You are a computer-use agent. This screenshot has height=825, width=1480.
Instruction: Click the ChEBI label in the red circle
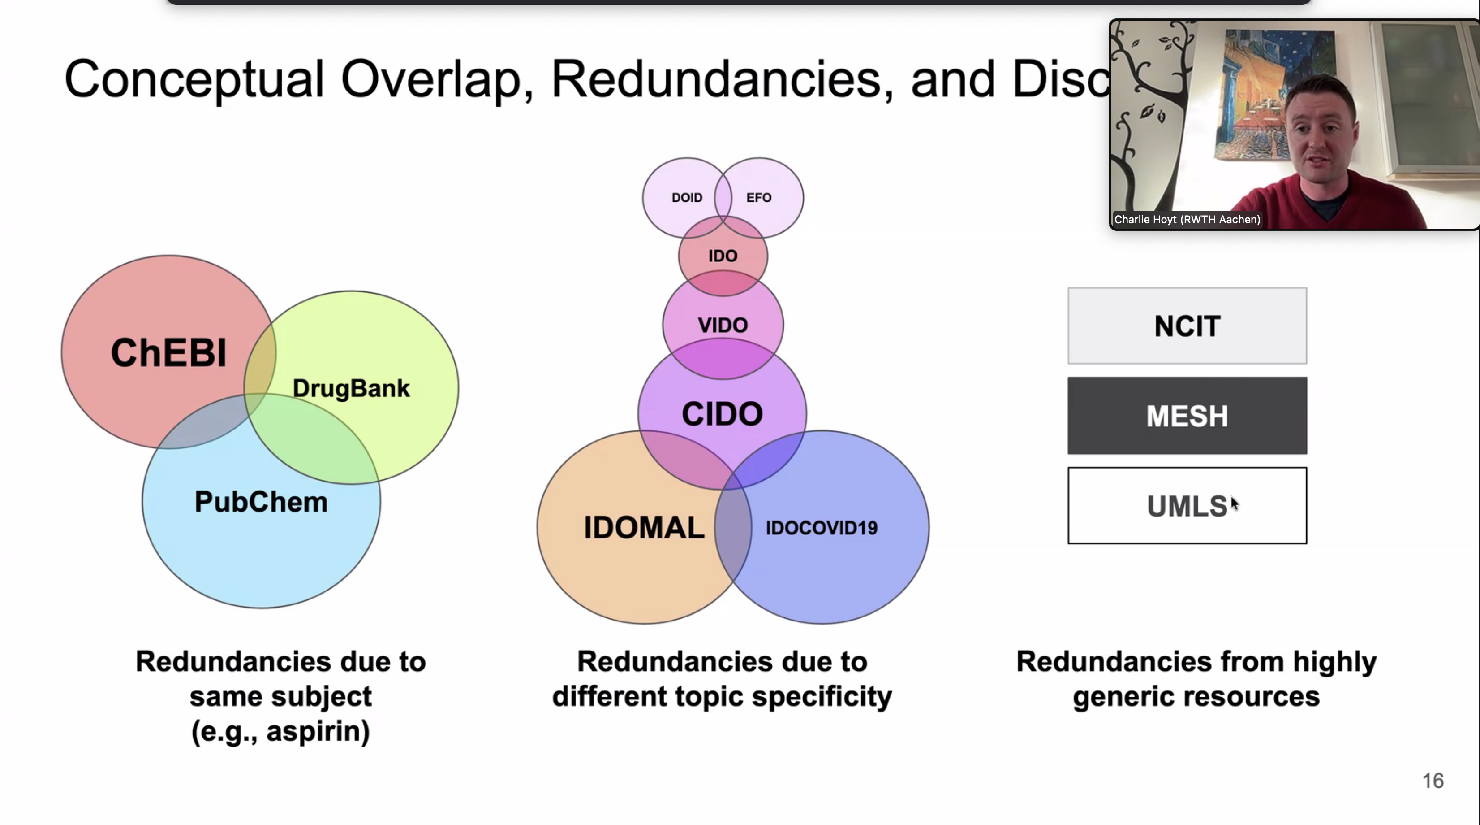click(x=168, y=352)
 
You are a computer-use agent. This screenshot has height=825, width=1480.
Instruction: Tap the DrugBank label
click(x=351, y=389)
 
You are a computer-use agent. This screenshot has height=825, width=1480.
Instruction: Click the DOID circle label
click(x=687, y=198)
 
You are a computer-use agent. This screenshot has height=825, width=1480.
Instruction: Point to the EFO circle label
click(x=758, y=198)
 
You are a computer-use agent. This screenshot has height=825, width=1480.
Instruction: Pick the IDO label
click(x=722, y=256)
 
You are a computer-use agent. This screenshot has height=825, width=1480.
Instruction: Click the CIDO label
click(x=722, y=414)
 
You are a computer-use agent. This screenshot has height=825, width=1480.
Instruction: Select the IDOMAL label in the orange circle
click(x=644, y=528)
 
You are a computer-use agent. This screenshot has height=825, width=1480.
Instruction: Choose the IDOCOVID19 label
click(x=822, y=528)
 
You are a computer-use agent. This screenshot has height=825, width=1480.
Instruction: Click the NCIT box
click(x=1187, y=326)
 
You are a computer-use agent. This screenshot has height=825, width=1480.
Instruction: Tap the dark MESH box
click(x=1187, y=416)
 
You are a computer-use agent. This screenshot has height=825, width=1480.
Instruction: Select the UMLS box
click(x=1187, y=506)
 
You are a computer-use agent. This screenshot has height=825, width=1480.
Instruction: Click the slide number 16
click(x=1433, y=781)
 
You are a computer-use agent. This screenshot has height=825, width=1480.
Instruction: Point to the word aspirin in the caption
click(x=317, y=731)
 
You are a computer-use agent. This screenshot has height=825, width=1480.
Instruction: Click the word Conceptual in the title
click(x=194, y=79)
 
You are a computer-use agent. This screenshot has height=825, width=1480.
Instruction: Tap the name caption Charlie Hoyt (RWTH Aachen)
click(x=1187, y=220)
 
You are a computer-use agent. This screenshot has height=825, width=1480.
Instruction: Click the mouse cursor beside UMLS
click(x=1234, y=504)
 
